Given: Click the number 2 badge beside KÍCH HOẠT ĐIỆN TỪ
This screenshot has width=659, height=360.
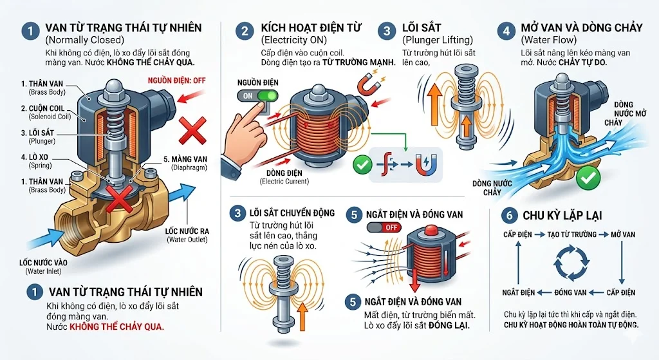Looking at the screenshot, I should pos(243,30).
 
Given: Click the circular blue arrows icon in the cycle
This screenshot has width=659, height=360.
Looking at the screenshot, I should pos(569,263).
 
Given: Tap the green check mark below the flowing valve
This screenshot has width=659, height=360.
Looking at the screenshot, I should pos(584,178).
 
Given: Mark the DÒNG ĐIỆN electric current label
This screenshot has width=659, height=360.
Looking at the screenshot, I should pos(284,175).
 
